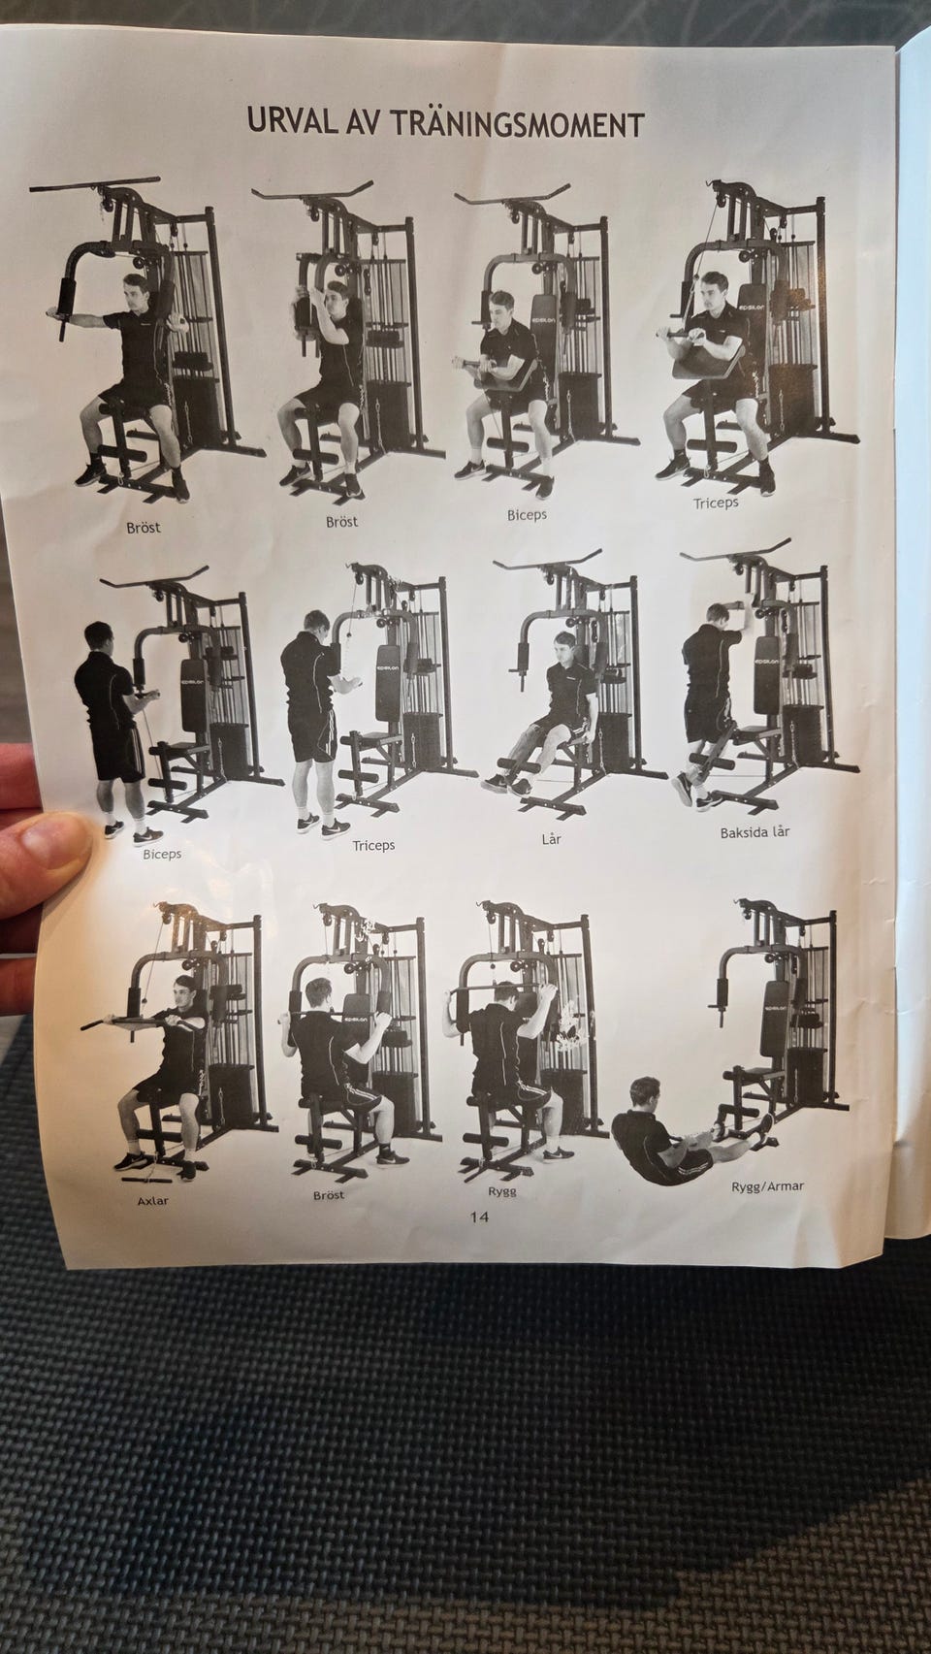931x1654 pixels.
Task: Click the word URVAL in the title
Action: (x=292, y=122)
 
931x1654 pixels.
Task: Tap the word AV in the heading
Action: (x=364, y=122)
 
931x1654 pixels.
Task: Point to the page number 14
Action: (x=479, y=1216)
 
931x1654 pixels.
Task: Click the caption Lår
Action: (x=551, y=839)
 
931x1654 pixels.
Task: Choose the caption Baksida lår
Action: (x=754, y=832)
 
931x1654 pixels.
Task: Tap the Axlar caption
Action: (x=153, y=1201)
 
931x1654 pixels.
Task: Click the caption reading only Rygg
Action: (x=501, y=1192)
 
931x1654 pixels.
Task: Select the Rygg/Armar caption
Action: (x=767, y=1186)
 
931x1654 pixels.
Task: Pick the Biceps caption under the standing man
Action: (x=162, y=854)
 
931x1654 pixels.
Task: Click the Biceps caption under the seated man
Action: (x=527, y=515)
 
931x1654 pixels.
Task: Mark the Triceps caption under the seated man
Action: (x=716, y=503)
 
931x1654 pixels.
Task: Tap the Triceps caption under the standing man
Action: (x=373, y=846)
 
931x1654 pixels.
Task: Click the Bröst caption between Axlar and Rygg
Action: (x=329, y=1195)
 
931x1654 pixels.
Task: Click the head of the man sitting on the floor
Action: (x=645, y=1093)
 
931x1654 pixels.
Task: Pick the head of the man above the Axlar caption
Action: (x=182, y=991)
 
